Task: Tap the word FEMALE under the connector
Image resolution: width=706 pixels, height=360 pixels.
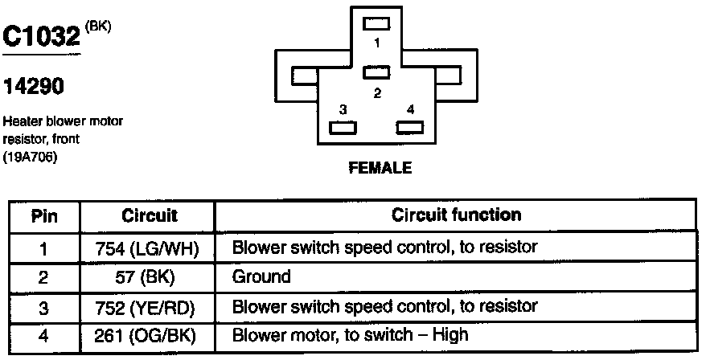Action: tap(380, 169)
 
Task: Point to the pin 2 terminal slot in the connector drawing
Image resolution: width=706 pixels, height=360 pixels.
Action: tap(376, 73)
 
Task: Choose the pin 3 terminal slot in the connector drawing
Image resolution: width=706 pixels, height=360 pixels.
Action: tap(343, 126)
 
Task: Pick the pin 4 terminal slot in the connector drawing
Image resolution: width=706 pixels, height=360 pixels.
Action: tap(410, 126)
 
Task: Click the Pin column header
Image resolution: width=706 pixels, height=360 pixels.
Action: tap(43, 216)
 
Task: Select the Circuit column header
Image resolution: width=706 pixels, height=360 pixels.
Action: tap(150, 216)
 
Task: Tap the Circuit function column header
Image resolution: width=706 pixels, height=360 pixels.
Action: tap(456, 215)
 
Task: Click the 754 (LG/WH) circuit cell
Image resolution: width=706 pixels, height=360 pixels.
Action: tap(150, 247)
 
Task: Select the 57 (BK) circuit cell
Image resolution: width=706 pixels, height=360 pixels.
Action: tap(150, 277)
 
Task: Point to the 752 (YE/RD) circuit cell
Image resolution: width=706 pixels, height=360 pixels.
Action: tap(150, 307)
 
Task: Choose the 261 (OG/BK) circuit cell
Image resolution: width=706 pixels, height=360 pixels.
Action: tap(150, 335)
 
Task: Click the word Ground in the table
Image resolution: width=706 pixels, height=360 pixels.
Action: tap(261, 277)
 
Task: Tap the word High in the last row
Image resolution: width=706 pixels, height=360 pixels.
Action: tap(451, 334)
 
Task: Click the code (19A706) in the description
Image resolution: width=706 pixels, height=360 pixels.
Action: tap(32, 156)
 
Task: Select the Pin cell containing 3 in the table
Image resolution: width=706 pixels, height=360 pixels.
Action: tap(43, 307)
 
